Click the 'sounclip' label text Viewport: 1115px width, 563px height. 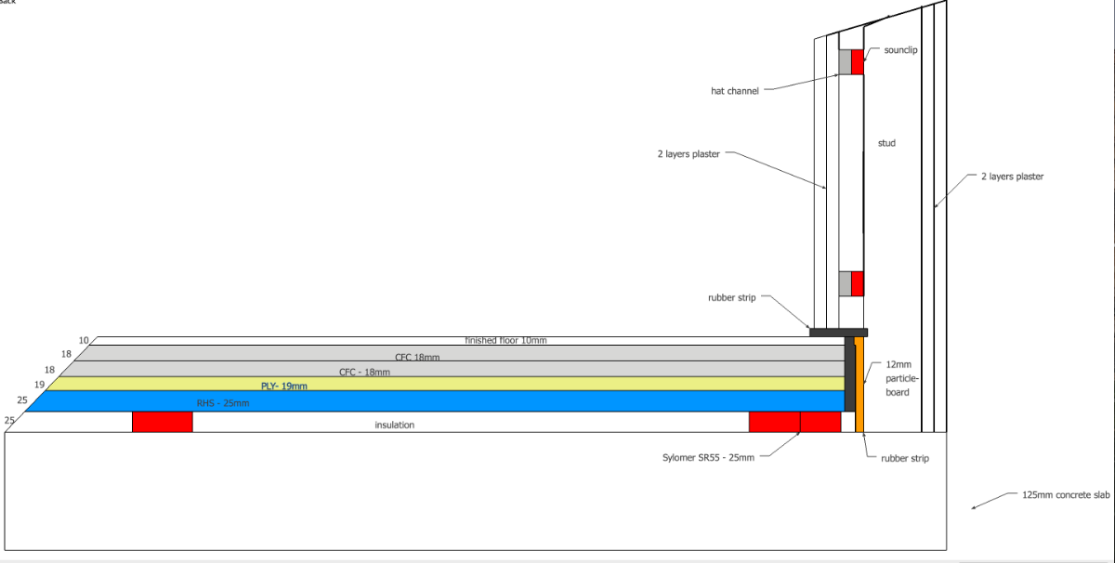click(x=900, y=49)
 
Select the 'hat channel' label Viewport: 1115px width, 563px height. click(x=735, y=91)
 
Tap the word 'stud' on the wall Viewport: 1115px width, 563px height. click(x=886, y=143)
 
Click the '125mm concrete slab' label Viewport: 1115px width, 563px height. click(x=1066, y=495)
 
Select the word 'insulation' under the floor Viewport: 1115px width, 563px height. click(x=394, y=426)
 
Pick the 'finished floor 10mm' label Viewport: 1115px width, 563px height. click(x=505, y=341)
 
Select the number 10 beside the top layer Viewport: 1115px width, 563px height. click(x=85, y=340)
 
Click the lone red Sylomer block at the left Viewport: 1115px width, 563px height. click(x=162, y=422)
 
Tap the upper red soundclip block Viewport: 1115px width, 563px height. click(x=858, y=61)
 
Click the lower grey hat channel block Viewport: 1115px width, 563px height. click(x=845, y=283)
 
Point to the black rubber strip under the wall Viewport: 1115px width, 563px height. click(x=838, y=332)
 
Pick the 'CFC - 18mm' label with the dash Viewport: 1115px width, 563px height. click(x=364, y=372)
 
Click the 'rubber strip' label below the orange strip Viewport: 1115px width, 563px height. click(x=904, y=458)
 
